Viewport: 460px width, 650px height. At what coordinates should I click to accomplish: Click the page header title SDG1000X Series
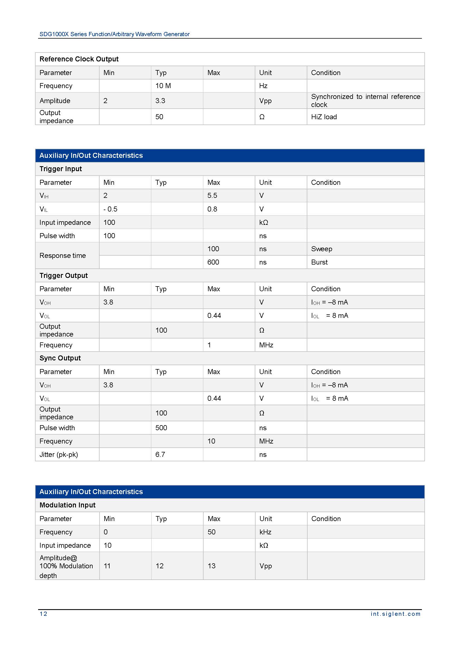pyautogui.click(x=114, y=34)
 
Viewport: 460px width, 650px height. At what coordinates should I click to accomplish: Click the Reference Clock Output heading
pyautogui.click(x=79, y=59)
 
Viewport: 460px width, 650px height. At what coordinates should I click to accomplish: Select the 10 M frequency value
pyautogui.click(x=163, y=86)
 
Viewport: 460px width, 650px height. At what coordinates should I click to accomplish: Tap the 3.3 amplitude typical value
pyautogui.click(x=160, y=101)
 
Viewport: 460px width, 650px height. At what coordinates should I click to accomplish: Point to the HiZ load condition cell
pyautogui.click(x=324, y=117)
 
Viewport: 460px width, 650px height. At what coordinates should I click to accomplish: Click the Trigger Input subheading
pyautogui.click(x=61, y=169)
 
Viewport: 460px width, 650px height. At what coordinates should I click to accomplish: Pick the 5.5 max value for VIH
pyautogui.click(x=212, y=196)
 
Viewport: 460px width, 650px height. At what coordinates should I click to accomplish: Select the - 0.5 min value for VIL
pyautogui.click(x=110, y=209)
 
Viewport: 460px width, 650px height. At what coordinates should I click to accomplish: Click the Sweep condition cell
pyautogui.click(x=321, y=249)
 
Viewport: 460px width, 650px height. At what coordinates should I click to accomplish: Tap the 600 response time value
pyautogui.click(x=213, y=262)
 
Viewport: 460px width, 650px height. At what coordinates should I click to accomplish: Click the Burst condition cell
pyautogui.click(x=319, y=262)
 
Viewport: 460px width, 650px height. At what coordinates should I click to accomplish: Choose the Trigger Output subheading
pyautogui.click(x=63, y=275)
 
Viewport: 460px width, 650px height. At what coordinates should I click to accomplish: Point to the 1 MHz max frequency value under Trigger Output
pyautogui.click(x=209, y=345)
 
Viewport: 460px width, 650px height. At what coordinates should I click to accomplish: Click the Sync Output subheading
pyautogui.click(x=60, y=358)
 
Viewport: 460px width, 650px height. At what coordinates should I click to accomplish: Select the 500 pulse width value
pyautogui.click(x=161, y=428)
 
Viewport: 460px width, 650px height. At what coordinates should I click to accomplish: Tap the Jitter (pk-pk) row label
pyautogui.click(x=59, y=455)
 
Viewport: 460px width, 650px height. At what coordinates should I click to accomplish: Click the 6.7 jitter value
pyautogui.click(x=160, y=455)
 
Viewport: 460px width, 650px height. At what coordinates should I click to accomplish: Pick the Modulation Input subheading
pyautogui.click(x=67, y=505)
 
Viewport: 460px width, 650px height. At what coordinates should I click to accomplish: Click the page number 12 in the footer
pyautogui.click(x=43, y=614)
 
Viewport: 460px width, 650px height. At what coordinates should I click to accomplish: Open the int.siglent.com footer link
pyautogui.click(x=395, y=614)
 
